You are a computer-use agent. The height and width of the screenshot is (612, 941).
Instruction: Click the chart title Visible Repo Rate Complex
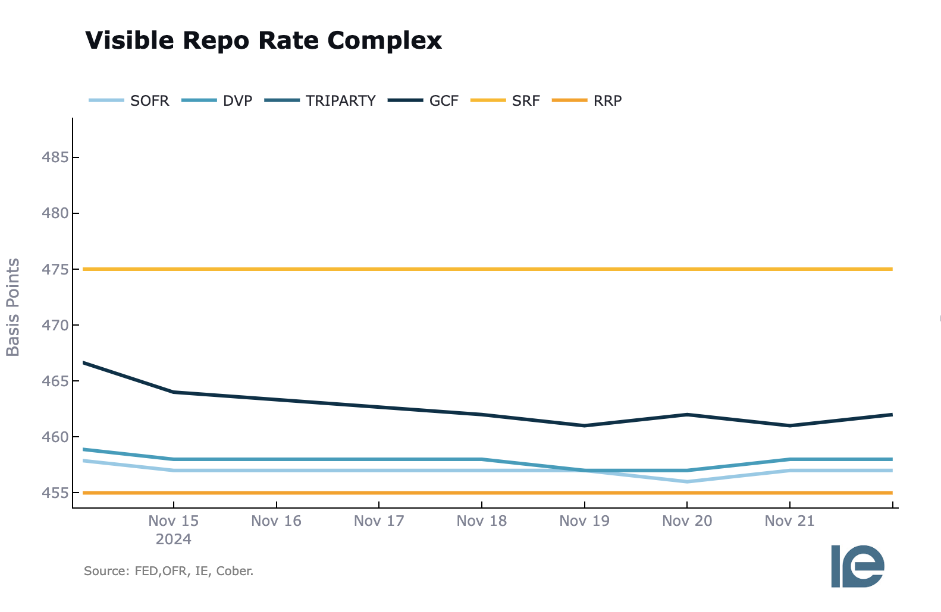[x=264, y=40]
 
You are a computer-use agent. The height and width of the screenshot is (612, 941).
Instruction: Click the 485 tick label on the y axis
[x=55, y=157]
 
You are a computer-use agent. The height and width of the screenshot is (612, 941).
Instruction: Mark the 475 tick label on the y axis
[x=55, y=269]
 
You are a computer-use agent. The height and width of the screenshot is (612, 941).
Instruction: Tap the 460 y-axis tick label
[x=55, y=437]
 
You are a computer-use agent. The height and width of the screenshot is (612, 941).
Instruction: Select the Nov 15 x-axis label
[x=173, y=521]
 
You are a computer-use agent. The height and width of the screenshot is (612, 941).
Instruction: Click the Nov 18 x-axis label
[x=481, y=521]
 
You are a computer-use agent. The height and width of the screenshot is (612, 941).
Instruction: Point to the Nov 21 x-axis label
[x=789, y=521]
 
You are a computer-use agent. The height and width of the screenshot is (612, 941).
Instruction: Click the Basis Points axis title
[x=13, y=307]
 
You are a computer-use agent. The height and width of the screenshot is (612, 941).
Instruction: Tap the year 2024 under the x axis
[x=173, y=540]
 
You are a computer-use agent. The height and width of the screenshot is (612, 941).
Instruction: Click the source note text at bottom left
[x=168, y=572]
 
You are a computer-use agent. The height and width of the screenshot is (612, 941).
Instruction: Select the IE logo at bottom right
[x=857, y=566]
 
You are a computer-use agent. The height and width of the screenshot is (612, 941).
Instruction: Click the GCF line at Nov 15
[x=173, y=392]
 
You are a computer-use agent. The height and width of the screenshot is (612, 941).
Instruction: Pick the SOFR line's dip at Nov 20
[x=687, y=481]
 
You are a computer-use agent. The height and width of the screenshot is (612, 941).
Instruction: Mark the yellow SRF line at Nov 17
[x=379, y=269]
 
